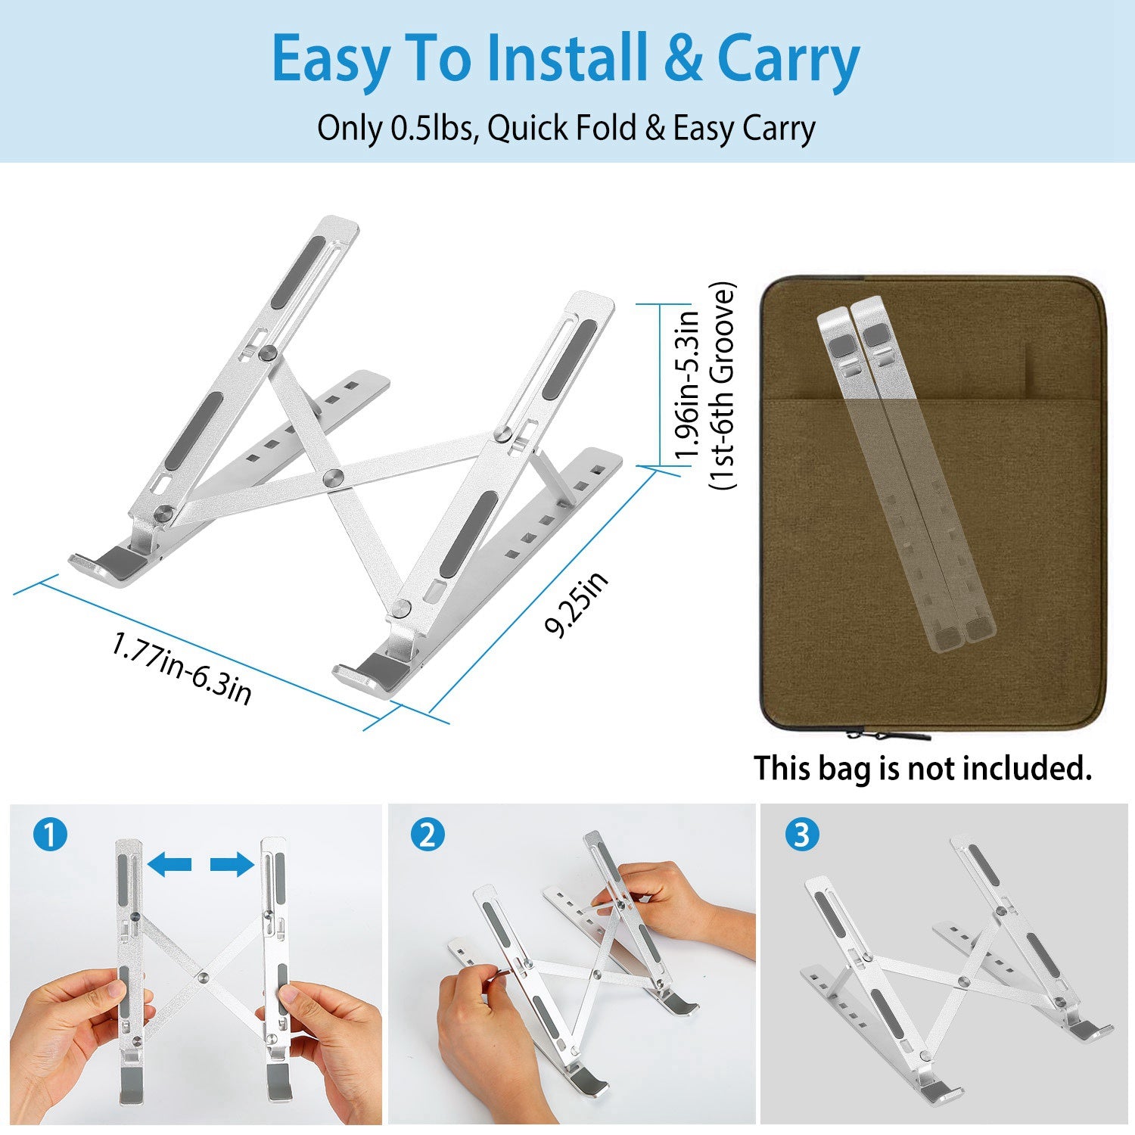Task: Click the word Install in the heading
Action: pyautogui.click(x=567, y=58)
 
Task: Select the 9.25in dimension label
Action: pyautogui.click(x=577, y=605)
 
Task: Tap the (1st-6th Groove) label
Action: pyautogui.click(x=722, y=386)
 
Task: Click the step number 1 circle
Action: pyautogui.click(x=50, y=836)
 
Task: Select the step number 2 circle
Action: pyautogui.click(x=428, y=836)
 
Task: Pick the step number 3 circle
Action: pyautogui.click(x=802, y=835)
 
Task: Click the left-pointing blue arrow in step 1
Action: pyautogui.click(x=169, y=863)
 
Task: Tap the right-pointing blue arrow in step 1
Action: pyautogui.click(x=232, y=863)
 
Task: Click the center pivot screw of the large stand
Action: pyautogui.click(x=332, y=477)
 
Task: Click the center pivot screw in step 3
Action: pyautogui.click(x=962, y=981)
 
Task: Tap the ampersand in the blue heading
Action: pyautogui.click(x=684, y=59)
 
